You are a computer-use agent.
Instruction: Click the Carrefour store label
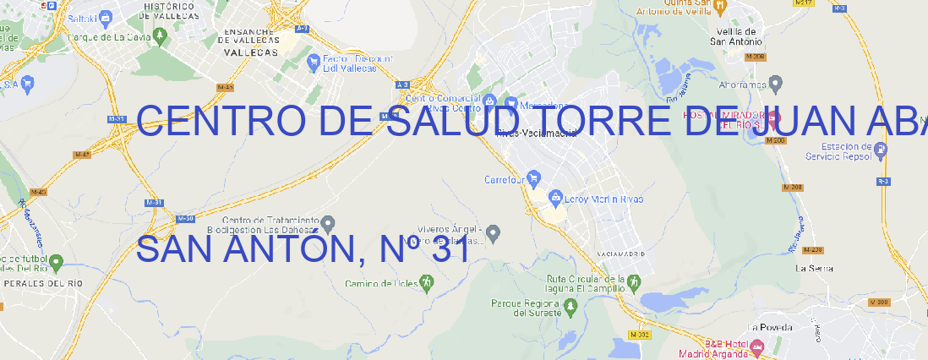coord(505,179)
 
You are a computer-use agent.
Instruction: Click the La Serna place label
coord(815,268)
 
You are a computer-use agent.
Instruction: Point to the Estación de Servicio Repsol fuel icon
coord(882,150)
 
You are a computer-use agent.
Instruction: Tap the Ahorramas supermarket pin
coord(777,83)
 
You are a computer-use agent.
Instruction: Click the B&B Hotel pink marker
coord(756,346)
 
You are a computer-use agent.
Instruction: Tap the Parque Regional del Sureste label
coord(526,307)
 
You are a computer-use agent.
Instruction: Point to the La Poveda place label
coord(771,326)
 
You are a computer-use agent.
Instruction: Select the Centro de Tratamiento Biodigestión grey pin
coord(329,223)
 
